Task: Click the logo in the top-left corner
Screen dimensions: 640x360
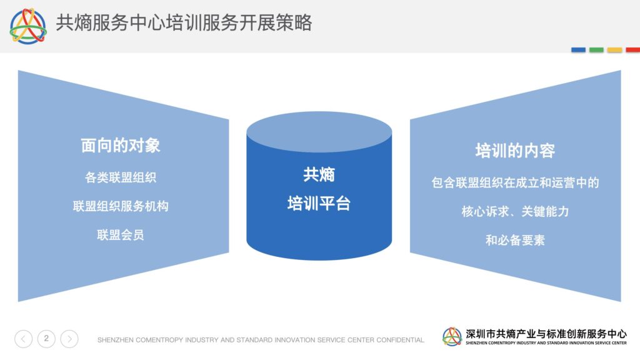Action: coord(28,26)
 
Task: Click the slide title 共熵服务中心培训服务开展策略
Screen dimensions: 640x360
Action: coord(184,22)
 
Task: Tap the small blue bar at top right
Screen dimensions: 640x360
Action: coord(578,50)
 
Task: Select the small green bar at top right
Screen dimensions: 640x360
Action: coord(596,50)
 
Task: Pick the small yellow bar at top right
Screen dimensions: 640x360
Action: coord(615,50)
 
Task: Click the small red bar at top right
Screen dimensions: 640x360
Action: coord(632,50)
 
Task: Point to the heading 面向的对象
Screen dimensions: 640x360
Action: coord(121,145)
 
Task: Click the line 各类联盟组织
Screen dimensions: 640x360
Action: coord(121,177)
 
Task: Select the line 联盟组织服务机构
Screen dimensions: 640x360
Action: coord(121,206)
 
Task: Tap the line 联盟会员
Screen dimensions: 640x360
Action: coord(121,235)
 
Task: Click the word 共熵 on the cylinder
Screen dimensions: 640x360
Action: coord(319,175)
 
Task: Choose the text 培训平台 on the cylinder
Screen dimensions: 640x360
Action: coord(319,203)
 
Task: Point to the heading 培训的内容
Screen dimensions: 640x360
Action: coord(515,151)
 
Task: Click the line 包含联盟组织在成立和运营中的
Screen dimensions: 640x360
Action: coord(515,182)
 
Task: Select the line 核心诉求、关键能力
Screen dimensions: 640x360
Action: coord(515,211)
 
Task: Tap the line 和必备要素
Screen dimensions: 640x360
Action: coord(515,239)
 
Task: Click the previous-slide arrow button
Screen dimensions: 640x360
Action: coord(23,339)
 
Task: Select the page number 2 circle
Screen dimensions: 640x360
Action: coord(46,339)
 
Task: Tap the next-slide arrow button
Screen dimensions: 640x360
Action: coord(69,339)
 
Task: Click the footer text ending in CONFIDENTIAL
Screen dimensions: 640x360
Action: coord(261,339)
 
